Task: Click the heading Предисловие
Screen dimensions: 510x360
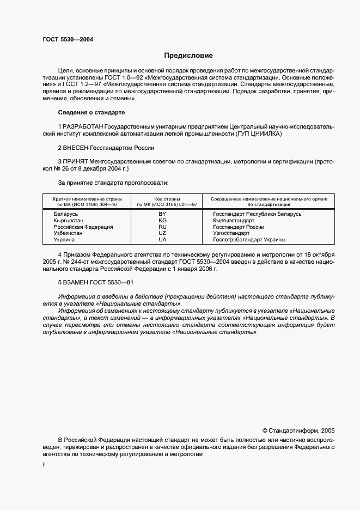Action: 188,56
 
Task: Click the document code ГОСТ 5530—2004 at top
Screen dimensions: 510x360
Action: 68,39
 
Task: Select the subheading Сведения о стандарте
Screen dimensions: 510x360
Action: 91,112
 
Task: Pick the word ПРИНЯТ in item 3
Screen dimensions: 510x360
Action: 77,162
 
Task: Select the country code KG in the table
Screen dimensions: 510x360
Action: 162,221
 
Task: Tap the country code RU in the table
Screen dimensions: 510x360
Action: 162,227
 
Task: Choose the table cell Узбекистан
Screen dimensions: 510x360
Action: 68,233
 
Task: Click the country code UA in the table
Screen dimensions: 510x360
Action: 162,240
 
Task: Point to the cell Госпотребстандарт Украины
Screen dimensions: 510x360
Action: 249,240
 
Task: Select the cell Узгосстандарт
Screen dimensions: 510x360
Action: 231,233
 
